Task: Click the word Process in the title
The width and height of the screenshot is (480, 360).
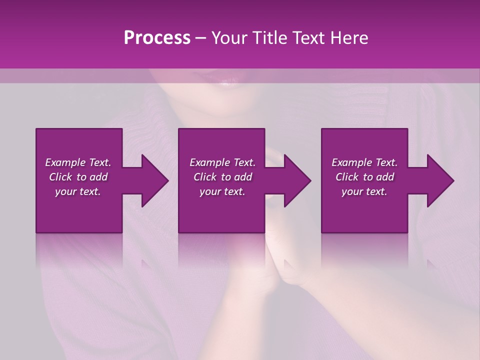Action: tap(157, 38)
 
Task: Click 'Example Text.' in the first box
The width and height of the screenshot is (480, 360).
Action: tap(78, 162)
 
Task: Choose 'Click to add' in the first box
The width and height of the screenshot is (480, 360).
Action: tap(78, 177)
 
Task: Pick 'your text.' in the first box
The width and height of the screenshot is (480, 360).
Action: tap(78, 191)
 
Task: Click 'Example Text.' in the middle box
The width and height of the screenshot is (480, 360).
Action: tap(222, 162)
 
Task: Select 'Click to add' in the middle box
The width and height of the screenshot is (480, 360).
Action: tap(222, 177)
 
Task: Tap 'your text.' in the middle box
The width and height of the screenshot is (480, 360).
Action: tap(222, 191)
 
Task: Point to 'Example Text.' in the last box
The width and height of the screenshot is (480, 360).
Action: tap(364, 162)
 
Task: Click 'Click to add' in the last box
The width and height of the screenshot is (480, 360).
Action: tap(364, 177)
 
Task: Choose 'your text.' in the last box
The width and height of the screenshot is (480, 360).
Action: tap(364, 191)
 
